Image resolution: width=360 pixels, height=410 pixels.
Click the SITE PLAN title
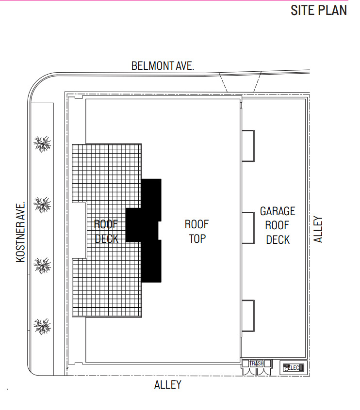click(318, 10)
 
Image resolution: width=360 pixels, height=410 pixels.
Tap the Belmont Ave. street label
click(163, 66)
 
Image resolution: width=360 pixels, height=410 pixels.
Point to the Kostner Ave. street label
click(20, 232)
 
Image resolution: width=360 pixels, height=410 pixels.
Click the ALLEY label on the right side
click(318, 229)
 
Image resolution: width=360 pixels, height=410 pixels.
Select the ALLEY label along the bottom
click(168, 385)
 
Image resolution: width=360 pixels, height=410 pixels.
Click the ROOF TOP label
click(197, 231)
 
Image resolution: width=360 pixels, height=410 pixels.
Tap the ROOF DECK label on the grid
click(106, 231)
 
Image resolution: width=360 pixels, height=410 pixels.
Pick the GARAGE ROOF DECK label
click(278, 225)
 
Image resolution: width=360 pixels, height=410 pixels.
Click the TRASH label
click(256, 363)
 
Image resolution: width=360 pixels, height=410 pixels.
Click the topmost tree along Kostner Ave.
click(42, 143)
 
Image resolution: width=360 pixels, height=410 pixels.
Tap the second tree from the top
click(42, 204)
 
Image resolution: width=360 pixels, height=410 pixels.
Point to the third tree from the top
click(42, 265)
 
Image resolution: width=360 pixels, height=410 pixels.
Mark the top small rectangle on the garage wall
click(248, 145)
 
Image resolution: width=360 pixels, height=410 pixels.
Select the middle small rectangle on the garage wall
click(248, 228)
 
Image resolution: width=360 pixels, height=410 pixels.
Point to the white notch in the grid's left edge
click(79, 230)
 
